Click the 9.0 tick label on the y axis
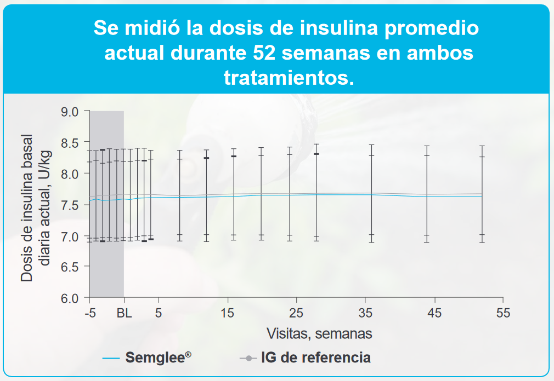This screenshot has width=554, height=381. tap(70, 112)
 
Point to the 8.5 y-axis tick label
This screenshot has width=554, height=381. tap(70, 142)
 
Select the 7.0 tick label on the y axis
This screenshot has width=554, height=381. tap(70, 236)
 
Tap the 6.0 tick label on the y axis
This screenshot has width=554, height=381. tap(70, 298)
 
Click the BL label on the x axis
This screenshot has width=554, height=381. tap(125, 314)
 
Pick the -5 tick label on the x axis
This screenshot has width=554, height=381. tap(91, 314)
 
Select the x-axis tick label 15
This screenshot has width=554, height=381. tap(228, 314)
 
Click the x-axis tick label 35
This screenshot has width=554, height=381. tap(365, 314)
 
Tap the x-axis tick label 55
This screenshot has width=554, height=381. tap(503, 314)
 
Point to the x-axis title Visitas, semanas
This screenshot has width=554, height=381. tap(319, 333)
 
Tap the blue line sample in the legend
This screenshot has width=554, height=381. tap(110, 359)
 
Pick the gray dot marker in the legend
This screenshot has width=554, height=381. tap(248, 359)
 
